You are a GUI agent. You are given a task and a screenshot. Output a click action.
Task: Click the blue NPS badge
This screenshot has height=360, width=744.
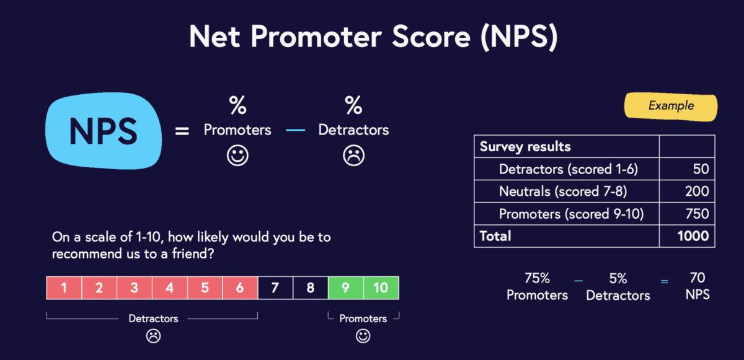pos(103,130)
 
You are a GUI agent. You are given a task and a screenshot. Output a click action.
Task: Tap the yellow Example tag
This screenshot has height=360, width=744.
pos(671,106)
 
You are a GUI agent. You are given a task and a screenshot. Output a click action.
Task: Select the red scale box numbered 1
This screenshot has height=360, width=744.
pos(64,288)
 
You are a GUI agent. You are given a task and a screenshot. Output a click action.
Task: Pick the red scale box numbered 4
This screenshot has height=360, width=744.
pos(170,288)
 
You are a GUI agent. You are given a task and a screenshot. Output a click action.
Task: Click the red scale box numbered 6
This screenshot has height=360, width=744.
pos(240,288)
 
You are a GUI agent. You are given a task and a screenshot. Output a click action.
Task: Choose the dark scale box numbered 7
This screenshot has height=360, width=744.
pos(275,288)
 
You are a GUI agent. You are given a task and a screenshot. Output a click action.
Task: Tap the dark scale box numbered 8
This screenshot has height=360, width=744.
pos(311,288)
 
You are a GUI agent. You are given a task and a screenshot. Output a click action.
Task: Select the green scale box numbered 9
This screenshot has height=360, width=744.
pos(346,288)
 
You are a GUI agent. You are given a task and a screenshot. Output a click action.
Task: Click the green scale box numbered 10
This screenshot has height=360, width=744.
pos(381,288)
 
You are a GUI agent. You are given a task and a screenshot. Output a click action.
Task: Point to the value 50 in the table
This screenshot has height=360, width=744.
pos(698,169)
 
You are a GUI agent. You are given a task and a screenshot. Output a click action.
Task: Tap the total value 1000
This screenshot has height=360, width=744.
pos(693,236)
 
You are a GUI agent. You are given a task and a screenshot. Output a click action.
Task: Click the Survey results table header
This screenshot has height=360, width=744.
pos(525,147)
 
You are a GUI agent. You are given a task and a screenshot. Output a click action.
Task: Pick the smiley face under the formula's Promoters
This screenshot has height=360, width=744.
pos(237,156)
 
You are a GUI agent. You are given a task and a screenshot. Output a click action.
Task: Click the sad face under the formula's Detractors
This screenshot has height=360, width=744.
pos(353,156)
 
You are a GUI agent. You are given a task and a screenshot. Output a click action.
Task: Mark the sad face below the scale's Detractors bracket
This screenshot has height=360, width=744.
pos(153,336)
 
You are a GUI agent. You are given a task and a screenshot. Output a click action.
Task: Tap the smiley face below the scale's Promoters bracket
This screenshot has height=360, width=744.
pos(363,336)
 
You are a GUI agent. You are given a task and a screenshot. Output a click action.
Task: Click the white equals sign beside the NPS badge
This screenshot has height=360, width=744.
pos(182,131)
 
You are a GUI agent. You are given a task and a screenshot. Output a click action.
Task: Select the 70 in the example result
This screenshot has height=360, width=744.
pos(697,278)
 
